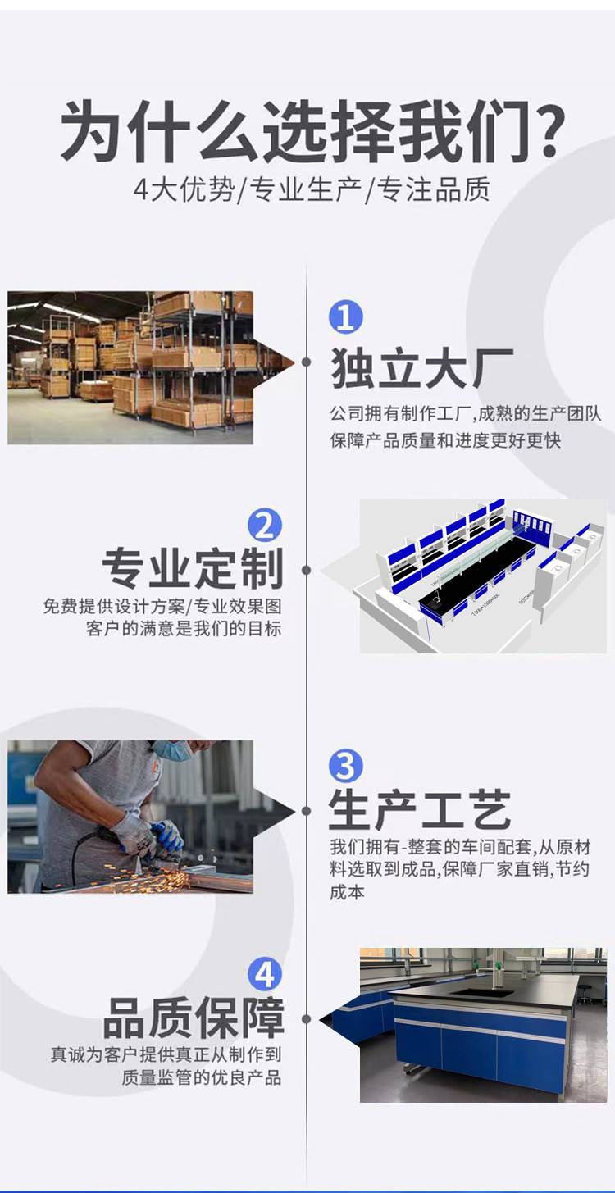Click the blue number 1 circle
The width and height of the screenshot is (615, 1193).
pos(345,317)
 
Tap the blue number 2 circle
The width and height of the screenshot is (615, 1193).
pos(265,526)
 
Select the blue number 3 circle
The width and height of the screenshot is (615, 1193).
pos(345,766)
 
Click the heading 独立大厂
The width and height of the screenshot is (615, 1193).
pos(421,368)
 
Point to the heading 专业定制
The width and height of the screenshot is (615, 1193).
pos(193,568)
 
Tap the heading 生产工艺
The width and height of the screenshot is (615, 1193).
pos(420,809)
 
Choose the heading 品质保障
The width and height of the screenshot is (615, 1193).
pos(194,1018)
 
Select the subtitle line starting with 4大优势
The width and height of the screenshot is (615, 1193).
pos(312,189)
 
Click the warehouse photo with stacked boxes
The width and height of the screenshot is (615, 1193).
pos(130,367)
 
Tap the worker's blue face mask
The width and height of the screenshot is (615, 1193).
pos(174,749)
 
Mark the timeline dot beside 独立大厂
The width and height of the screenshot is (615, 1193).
pos(306,362)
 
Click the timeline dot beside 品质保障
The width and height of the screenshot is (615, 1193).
pos(306,1019)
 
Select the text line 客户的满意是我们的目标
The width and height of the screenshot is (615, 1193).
pos(184,628)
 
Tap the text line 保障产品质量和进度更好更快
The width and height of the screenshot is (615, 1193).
pos(445,440)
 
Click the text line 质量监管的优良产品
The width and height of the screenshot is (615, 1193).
pos(201,1077)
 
